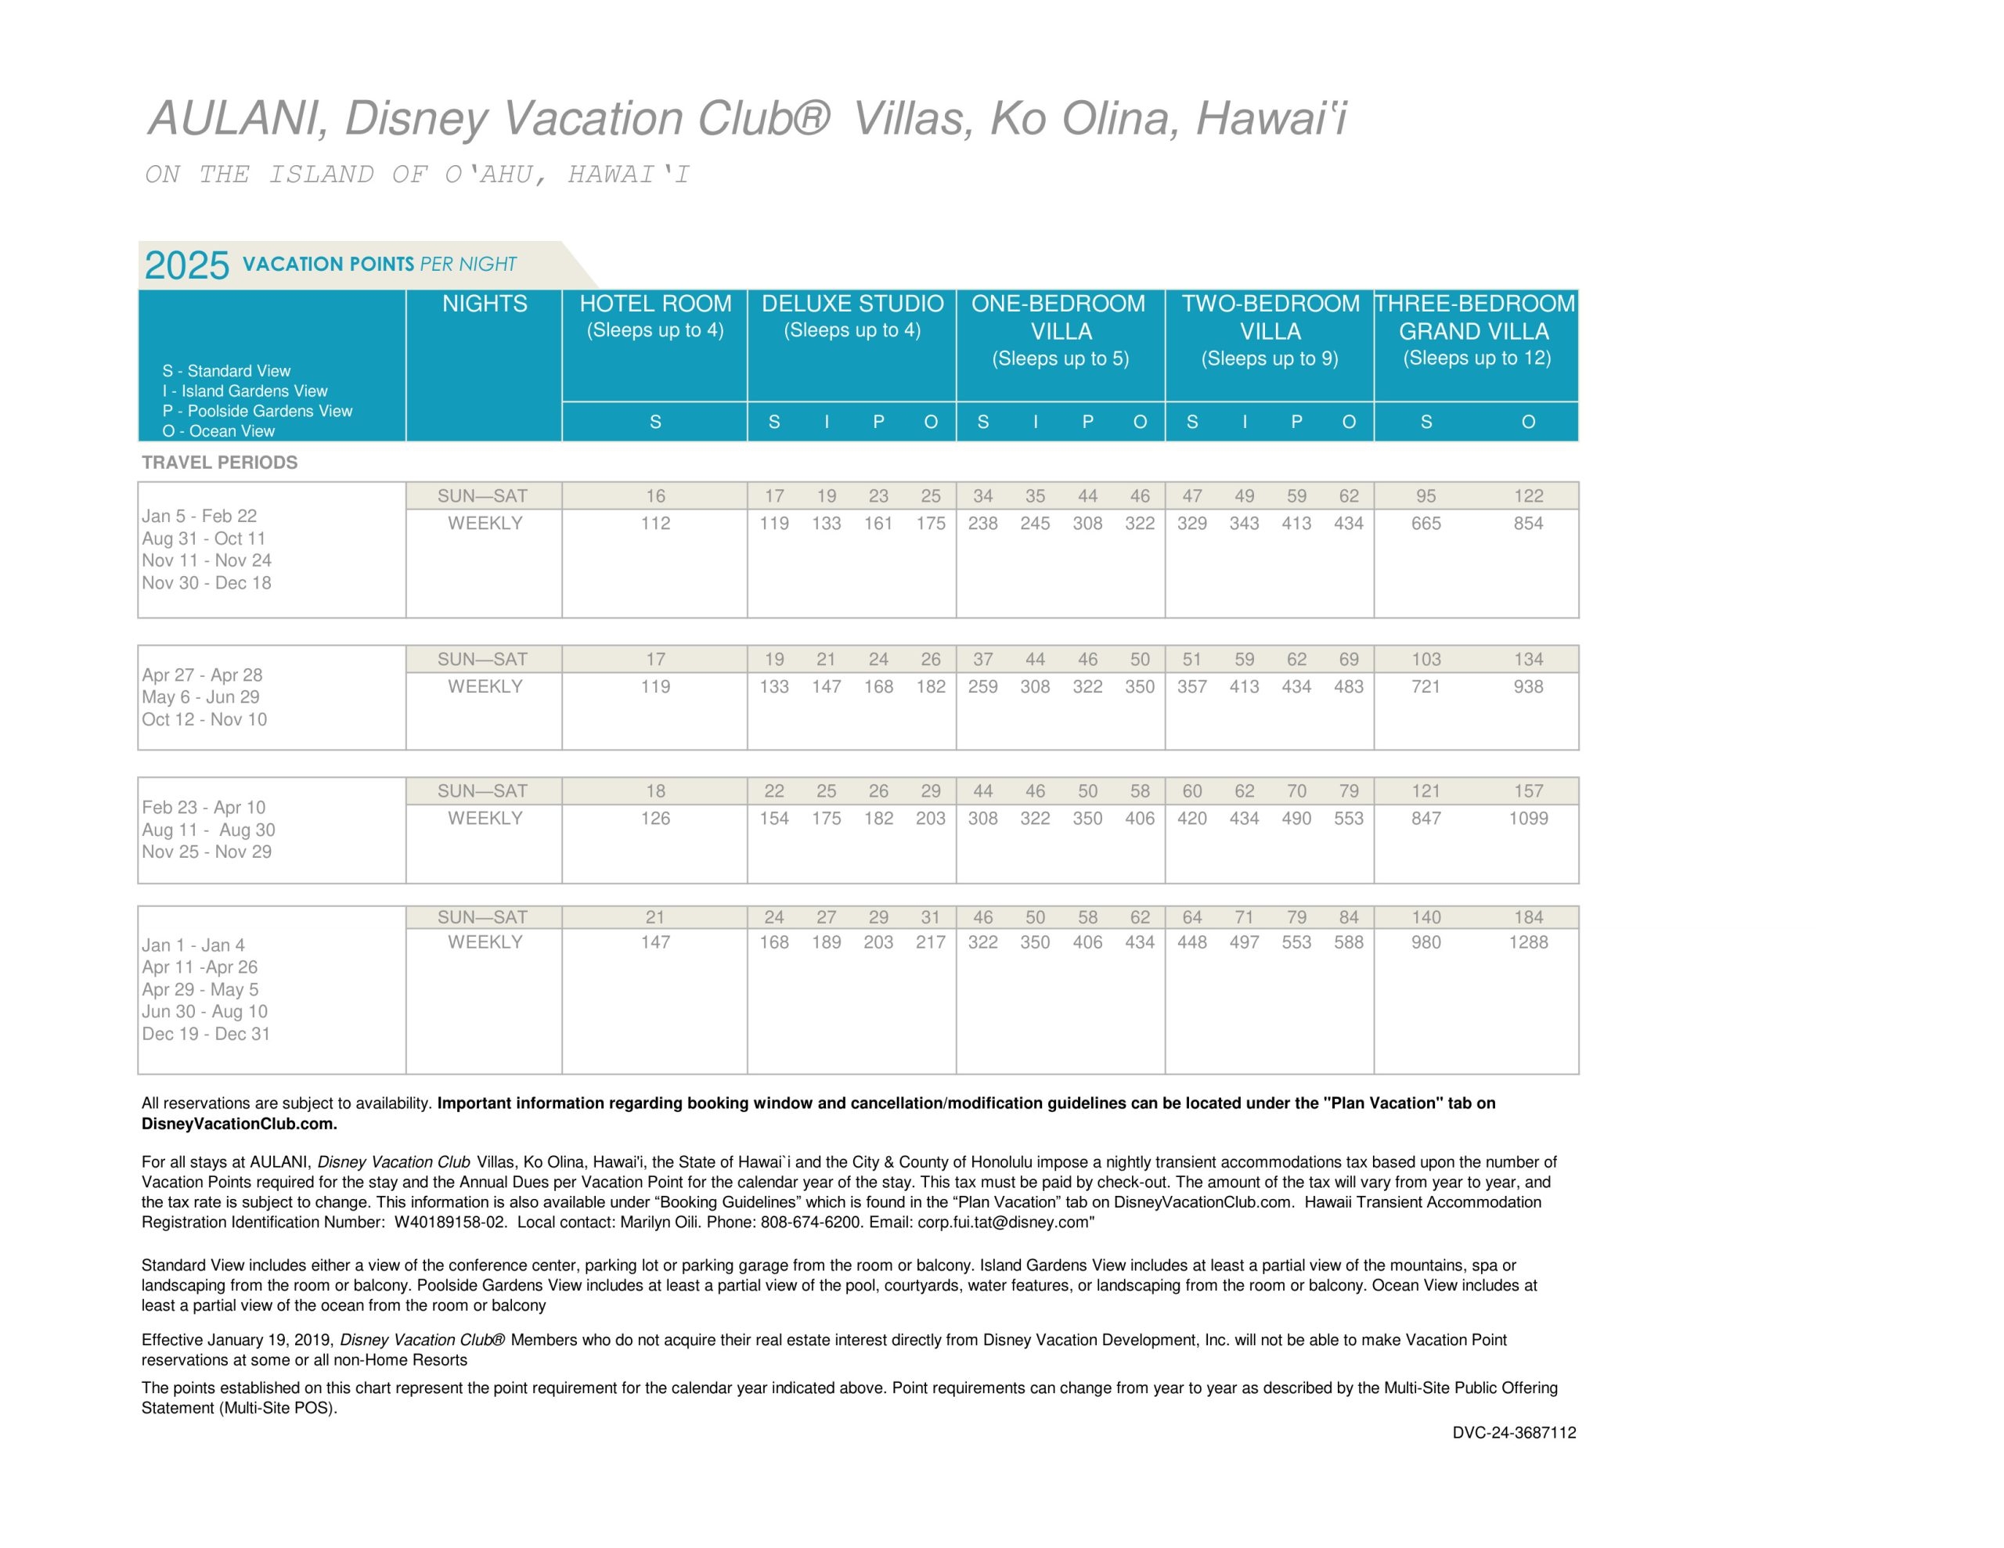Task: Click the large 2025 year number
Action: point(186,265)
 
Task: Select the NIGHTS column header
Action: point(485,304)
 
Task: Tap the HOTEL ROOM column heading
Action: point(655,304)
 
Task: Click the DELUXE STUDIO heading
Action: point(852,304)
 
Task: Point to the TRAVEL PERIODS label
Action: point(219,463)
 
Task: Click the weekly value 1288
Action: point(1528,942)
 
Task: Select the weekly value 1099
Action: point(1528,819)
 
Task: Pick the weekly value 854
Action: point(1528,524)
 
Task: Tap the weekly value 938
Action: point(1528,687)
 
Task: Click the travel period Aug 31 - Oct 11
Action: point(204,538)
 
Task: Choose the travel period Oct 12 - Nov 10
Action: point(204,719)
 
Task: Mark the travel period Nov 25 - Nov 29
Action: point(207,851)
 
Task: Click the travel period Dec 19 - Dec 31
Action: point(206,1034)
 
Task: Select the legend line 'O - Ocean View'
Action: point(218,431)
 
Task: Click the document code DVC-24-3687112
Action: point(1514,1433)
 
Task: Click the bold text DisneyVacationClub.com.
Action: point(239,1124)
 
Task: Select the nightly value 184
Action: point(1528,917)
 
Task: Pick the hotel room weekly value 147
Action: point(655,942)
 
